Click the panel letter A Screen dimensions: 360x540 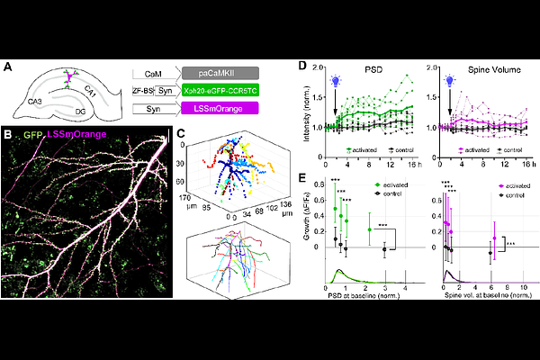[7, 66]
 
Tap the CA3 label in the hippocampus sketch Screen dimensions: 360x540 [35, 101]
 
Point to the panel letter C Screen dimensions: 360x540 [180, 135]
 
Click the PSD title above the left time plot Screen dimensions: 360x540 [366, 68]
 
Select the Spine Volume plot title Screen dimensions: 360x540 [483, 68]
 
